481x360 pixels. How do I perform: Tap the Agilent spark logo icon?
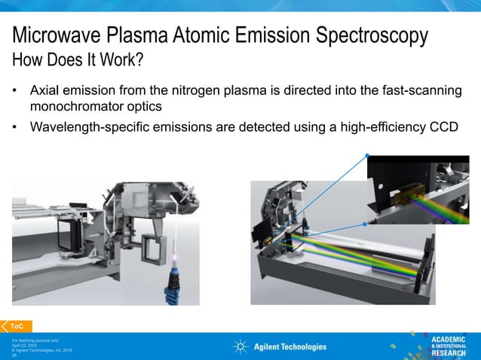point(240,346)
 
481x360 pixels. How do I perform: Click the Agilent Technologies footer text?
point(290,346)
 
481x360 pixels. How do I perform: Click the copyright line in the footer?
point(41,349)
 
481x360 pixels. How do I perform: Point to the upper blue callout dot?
point(367,156)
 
